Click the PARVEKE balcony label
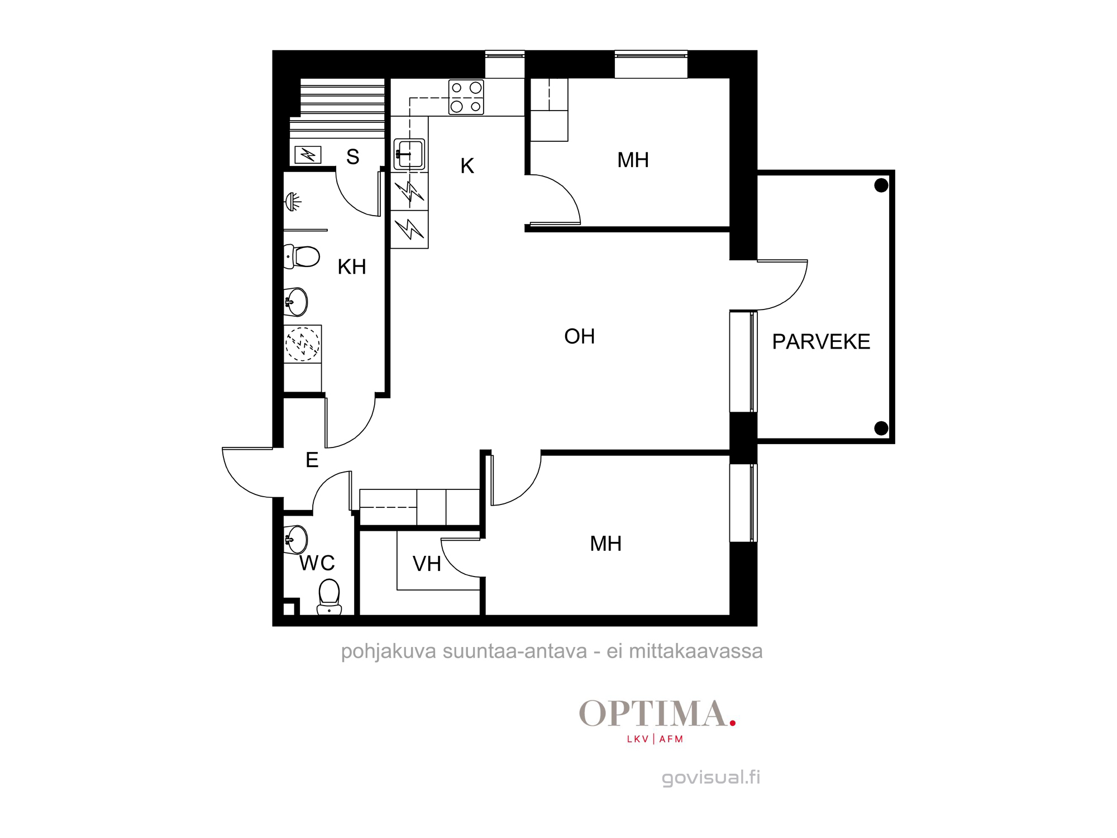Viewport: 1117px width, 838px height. click(821, 341)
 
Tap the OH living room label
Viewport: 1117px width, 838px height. click(580, 336)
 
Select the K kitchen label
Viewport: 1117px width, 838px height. click(467, 166)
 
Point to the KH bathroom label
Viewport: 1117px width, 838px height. click(352, 267)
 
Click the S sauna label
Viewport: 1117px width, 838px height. click(352, 157)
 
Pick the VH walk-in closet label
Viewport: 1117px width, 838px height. click(427, 564)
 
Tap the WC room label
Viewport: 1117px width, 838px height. click(317, 563)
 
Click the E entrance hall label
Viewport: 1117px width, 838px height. click(312, 460)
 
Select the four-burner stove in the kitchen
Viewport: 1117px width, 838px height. click(466, 97)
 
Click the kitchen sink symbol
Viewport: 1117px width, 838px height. click(409, 154)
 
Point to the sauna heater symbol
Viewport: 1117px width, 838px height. click(308, 154)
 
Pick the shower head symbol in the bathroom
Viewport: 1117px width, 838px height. click(293, 201)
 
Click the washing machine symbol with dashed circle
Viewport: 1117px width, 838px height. click(303, 344)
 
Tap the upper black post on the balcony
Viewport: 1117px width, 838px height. click(881, 185)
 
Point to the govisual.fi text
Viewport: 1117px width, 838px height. click(711, 778)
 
